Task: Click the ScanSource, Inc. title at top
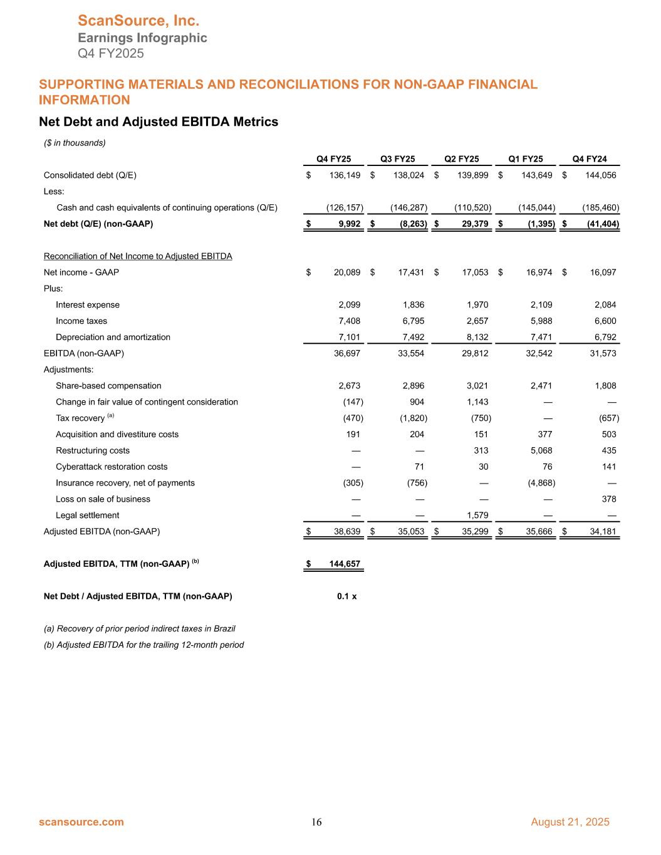[x=138, y=21]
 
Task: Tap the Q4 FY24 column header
[x=590, y=159]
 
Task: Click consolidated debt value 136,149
[x=345, y=175]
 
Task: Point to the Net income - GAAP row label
[x=81, y=272]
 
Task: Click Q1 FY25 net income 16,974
[x=536, y=272]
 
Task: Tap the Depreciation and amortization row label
[x=113, y=337]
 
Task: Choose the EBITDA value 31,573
[x=600, y=353]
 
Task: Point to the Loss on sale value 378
[x=608, y=499]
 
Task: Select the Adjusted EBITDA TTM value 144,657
[x=345, y=564]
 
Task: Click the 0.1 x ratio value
[x=346, y=596]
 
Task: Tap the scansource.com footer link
[x=81, y=822]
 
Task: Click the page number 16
[x=317, y=822]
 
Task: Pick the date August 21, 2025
[x=570, y=822]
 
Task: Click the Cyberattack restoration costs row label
[x=112, y=467]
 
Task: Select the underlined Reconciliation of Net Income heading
[x=138, y=256]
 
